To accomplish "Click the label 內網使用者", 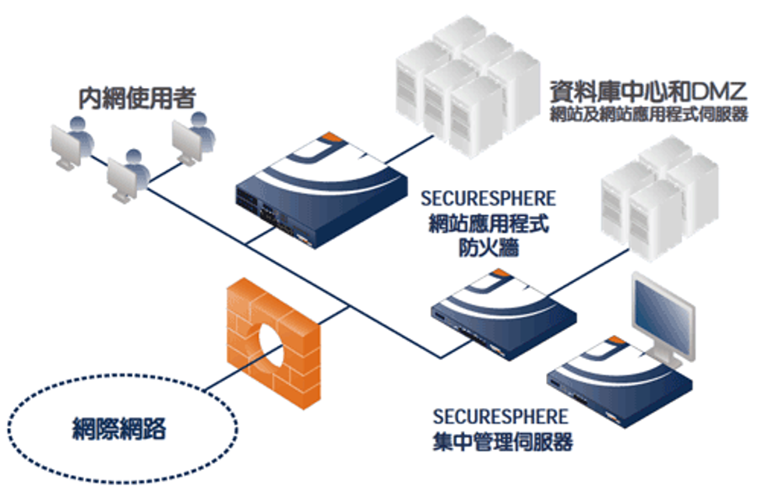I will [136, 98].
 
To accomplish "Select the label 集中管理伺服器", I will [502, 442].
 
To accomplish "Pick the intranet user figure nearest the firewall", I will [129, 175].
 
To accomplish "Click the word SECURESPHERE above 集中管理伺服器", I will [501, 417].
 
